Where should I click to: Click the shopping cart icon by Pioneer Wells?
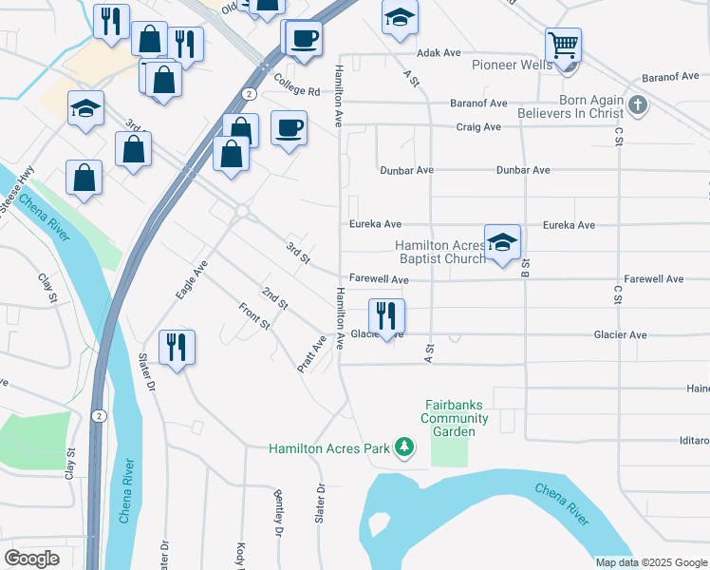pyautogui.click(x=563, y=44)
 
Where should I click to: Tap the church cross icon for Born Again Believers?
pyautogui.click(x=637, y=105)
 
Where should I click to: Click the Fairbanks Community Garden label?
pyautogui.click(x=457, y=418)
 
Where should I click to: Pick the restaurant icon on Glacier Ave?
pyautogui.click(x=386, y=315)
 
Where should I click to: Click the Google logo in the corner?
pyautogui.click(x=32, y=558)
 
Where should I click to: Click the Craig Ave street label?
pyautogui.click(x=478, y=126)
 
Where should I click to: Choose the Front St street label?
pyautogui.click(x=255, y=316)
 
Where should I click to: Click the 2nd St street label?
pyautogui.click(x=275, y=298)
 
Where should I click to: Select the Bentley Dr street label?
pyautogui.click(x=279, y=514)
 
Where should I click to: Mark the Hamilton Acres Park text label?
pyautogui.click(x=330, y=448)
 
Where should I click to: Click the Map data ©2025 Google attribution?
pyautogui.click(x=650, y=562)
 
